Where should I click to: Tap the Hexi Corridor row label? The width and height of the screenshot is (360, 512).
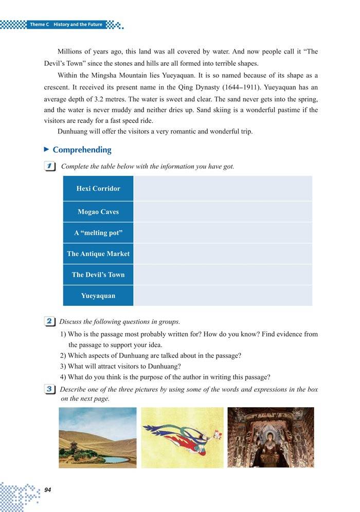point(98,189)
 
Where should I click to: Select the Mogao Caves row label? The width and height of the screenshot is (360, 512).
point(98,212)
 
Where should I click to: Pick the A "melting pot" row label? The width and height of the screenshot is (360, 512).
point(98,233)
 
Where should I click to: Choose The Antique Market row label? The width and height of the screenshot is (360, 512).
point(98,254)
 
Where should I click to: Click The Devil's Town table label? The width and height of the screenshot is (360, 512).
point(98,275)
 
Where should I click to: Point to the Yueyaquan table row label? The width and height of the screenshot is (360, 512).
point(98,296)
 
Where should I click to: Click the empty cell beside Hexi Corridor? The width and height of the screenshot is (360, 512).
point(222,189)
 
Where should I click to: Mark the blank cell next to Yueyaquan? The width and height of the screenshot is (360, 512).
point(222,296)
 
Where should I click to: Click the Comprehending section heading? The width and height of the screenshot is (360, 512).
point(82,150)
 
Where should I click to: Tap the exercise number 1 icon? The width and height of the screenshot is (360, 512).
point(50,167)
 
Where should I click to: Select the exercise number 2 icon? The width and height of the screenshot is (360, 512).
point(50,322)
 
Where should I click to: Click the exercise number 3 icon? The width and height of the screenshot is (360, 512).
point(50,390)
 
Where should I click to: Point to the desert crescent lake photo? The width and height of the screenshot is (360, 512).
point(98,437)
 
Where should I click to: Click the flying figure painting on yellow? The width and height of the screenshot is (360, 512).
point(182,437)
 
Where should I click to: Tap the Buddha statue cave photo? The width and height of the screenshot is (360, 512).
point(271,437)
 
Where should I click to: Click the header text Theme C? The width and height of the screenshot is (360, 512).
point(39,25)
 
